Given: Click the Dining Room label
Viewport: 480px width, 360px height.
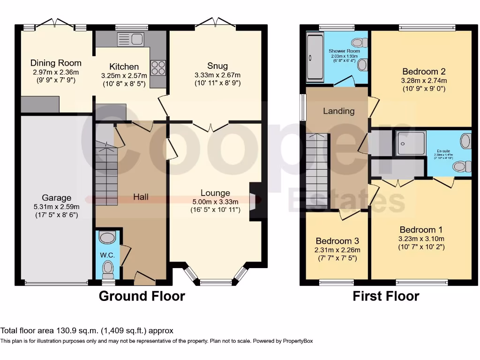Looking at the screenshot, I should point(56,63).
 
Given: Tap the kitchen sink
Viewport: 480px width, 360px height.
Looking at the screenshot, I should point(131,39).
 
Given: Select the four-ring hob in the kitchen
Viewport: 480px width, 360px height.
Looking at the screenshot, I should point(158,68).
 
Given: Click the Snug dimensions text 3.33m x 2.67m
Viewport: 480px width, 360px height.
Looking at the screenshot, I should point(217,75).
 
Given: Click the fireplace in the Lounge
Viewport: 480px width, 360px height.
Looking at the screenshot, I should point(254,201).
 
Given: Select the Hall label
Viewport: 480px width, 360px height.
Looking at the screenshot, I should point(141,197).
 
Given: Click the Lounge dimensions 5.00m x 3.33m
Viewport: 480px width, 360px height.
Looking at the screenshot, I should point(215,202).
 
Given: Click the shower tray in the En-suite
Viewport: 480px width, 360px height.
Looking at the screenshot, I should point(412,143).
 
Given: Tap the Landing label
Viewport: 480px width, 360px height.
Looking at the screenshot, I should point(338,111).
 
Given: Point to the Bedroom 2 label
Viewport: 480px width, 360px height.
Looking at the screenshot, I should point(424,72).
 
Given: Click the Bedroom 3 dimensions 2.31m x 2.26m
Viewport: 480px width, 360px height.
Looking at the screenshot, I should point(337,250).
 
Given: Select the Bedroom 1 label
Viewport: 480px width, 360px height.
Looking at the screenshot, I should point(421,230).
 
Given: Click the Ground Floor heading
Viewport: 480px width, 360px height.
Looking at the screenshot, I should point(142,296).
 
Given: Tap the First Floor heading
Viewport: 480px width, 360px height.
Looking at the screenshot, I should point(386,296).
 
